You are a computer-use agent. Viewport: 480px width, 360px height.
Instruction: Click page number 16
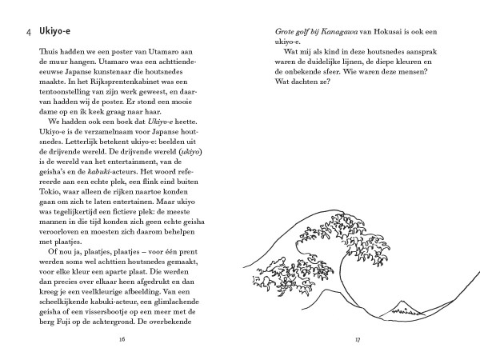pos(122,339)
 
